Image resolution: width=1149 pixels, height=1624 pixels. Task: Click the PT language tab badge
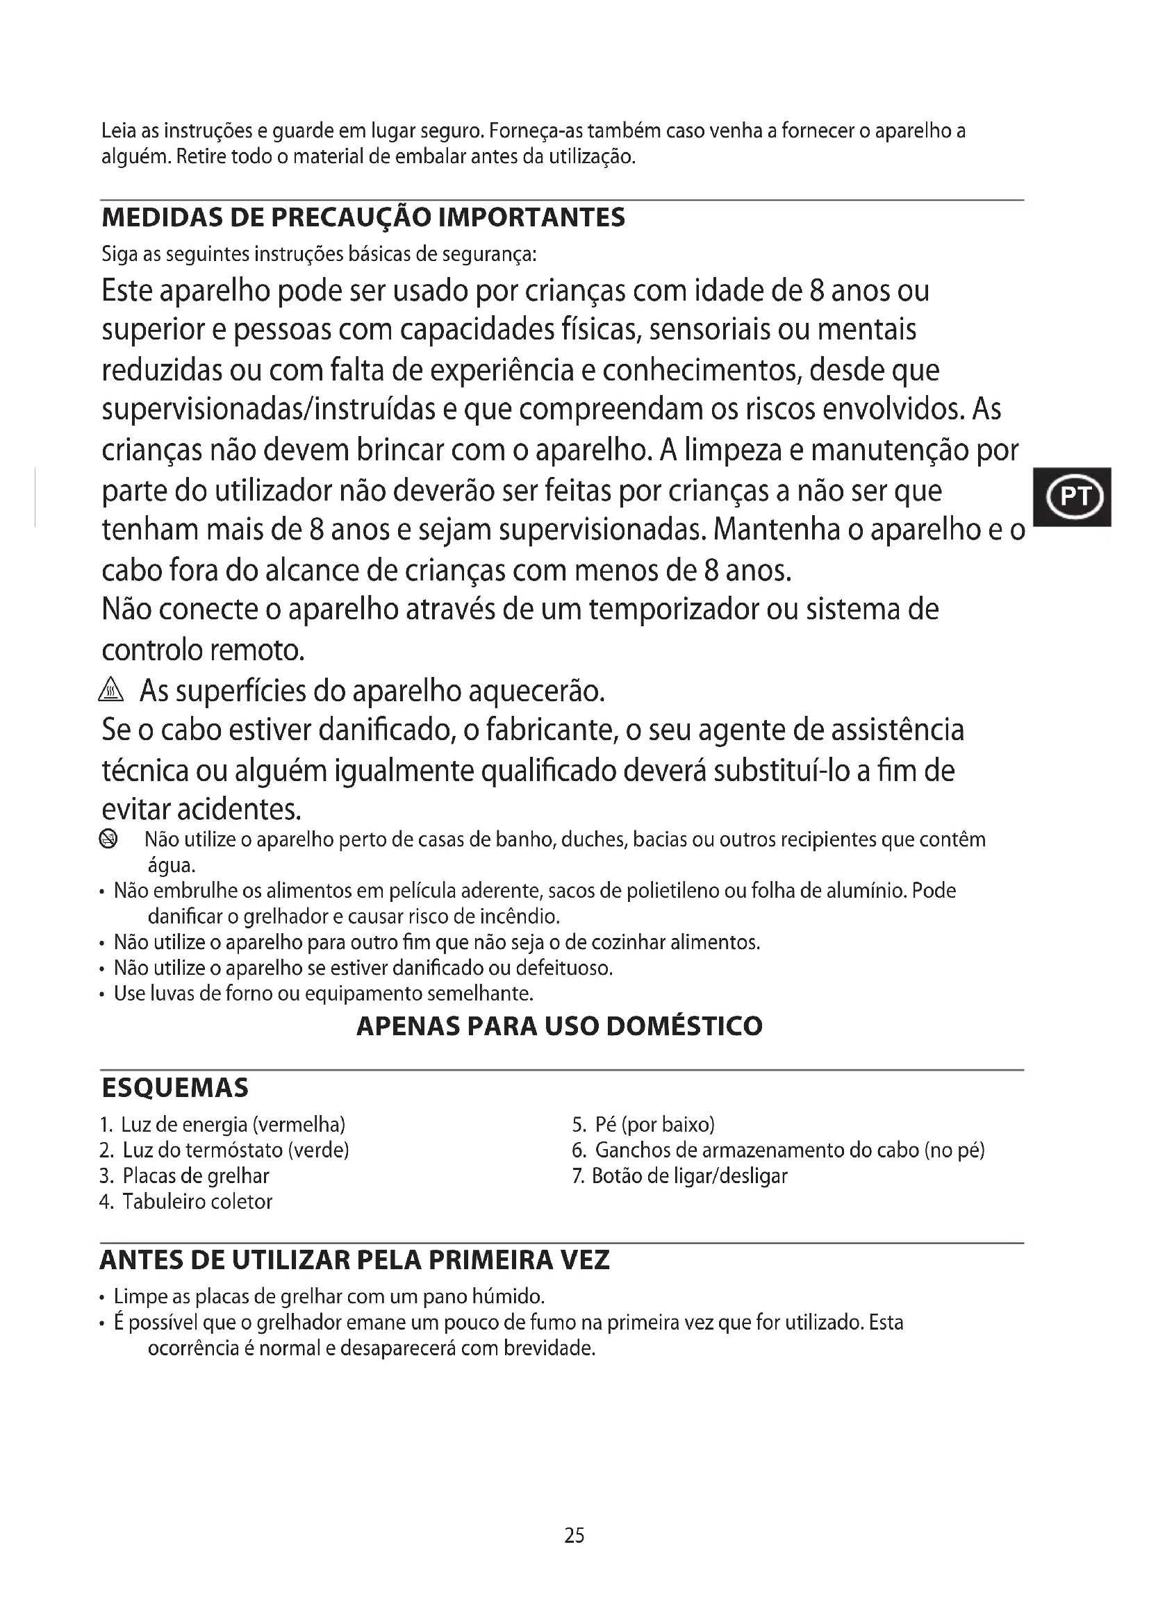[x=1073, y=496]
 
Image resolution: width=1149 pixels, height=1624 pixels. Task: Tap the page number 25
[x=574, y=1536]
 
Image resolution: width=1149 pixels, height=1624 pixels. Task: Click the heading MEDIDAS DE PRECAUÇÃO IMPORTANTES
[x=363, y=217]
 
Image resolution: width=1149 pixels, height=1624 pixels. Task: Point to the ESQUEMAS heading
[x=175, y=1088]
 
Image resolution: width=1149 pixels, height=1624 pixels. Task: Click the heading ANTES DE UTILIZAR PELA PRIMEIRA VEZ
[x=354, y=1259]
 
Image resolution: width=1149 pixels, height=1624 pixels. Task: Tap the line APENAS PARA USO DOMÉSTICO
[x=559, y=1026]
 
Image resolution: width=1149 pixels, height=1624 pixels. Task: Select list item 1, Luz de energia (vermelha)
[x=223, y=1125]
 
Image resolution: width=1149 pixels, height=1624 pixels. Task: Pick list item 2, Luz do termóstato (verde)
[x=225, y=1150]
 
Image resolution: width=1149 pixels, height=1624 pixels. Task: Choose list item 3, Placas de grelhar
[x=185, y=1176]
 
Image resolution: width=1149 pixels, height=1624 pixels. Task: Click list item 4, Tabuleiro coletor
[x=187, y=1202]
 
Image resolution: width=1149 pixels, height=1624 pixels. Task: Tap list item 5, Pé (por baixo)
[x=644, y=1125]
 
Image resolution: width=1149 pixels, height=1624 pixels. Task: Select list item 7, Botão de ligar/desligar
[x=680, y=1176]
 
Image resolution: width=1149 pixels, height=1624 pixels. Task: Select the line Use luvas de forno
[x=323, y=994]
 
